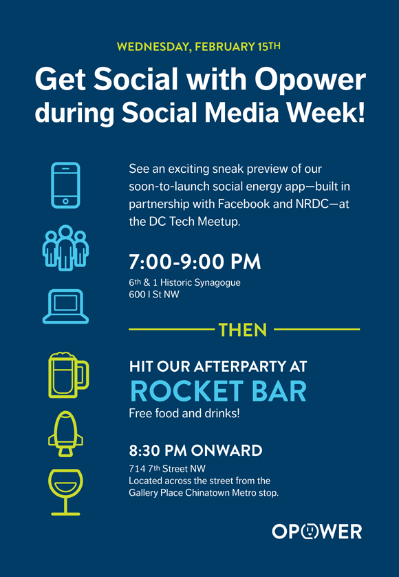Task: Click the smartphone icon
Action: [x=65, y=185]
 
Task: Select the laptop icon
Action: [x=65, y=306]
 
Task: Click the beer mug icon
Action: [x=68, y=375]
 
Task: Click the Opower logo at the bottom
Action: [x=317, y=532]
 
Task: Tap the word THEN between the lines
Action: [x=243, y=330]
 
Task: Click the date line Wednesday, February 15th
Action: [x=199, y=47]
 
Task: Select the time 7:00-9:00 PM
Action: [x=195, y=262]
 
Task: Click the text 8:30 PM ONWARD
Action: [x=195, y=450]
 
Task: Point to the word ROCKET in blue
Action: [x=187, y=391]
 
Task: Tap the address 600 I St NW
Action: [x=154, y=295]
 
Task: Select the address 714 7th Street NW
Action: [x=167, y=469]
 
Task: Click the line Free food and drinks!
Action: [x=184, y=413]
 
